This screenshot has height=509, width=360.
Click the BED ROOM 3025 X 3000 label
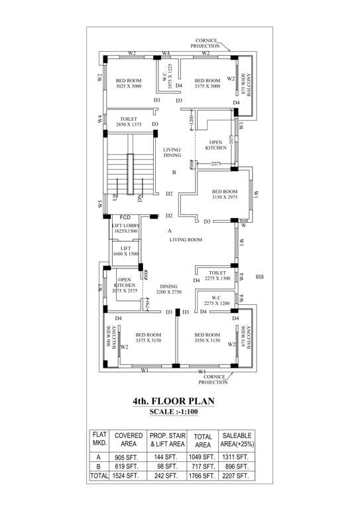point(129,84)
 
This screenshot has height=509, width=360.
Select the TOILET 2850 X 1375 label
point(129,122)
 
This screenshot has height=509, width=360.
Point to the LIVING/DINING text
point(172,152)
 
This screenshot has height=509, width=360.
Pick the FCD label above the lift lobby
point(125,217)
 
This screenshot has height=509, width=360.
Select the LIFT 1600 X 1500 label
point(125,251)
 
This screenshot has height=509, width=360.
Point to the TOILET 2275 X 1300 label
point(217,276)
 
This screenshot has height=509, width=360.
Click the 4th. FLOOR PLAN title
point(173,401)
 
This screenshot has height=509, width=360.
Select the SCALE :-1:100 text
point(173,412)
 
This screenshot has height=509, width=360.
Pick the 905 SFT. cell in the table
point(129,457)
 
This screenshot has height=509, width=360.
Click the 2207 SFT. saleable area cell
point(235,475)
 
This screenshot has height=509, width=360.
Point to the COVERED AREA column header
point(129,439)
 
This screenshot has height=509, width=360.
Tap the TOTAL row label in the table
point(99,475)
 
